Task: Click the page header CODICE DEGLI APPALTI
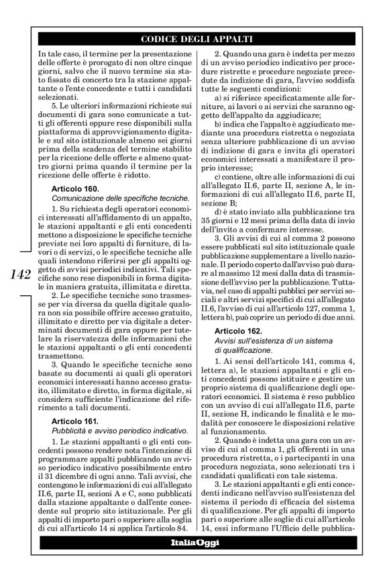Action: [194, 38]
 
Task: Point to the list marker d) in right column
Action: [216, 212]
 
